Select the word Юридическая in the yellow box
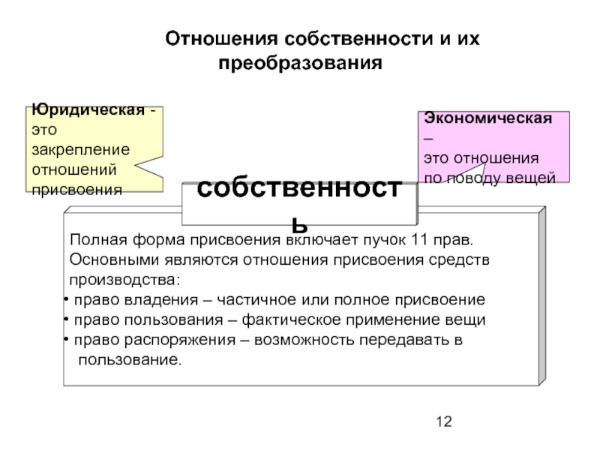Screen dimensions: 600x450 click(x=88, y=111)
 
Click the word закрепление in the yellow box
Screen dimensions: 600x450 click(x=80, y=148)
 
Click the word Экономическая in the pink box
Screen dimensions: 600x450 click(x=488, y=119)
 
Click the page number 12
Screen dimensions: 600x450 click(x=444, y=422)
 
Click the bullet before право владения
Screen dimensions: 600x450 click(x=65, y=301)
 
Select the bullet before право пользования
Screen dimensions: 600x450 click(x=65, y=320)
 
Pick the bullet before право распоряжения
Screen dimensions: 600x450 click(x=65, y=340)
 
